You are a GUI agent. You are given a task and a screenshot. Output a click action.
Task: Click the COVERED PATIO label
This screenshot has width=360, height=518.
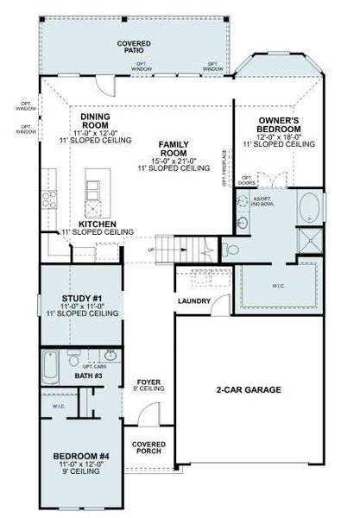tap(133, 47)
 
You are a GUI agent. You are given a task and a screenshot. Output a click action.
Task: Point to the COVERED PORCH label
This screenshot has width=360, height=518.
tap(148, 449)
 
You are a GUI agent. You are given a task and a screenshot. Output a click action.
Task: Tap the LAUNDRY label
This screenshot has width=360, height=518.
tap(194, 301)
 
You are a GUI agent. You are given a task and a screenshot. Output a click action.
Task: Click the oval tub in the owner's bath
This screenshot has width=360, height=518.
tap(308, 210)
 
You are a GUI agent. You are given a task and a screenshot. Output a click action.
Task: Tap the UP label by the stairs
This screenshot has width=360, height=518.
tap(153, 251)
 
